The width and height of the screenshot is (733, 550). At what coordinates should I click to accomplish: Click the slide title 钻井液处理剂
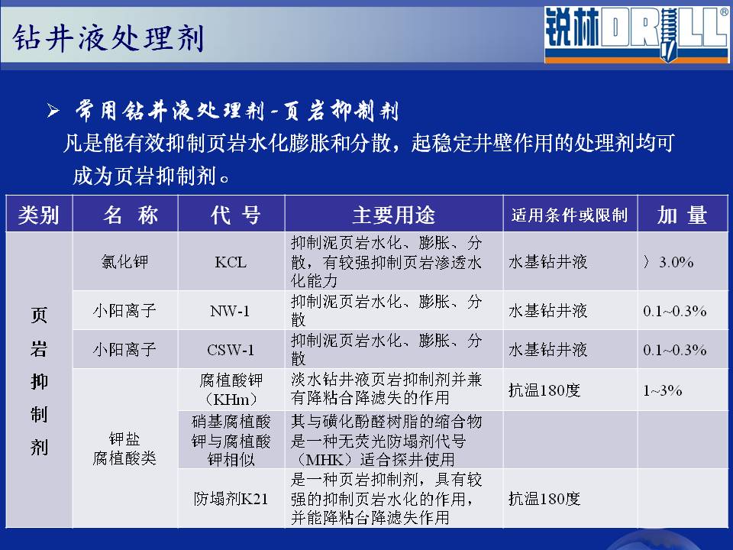pos(108,37)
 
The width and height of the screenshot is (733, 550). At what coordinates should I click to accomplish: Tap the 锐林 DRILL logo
pos(636,35)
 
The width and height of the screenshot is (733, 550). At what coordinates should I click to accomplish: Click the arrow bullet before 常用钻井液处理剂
pos(53,111)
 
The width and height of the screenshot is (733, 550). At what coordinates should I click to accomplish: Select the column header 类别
pos(39,215)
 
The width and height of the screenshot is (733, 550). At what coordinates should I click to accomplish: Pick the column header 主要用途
pos(394,215)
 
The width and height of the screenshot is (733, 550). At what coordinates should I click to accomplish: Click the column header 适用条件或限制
pos(570,215)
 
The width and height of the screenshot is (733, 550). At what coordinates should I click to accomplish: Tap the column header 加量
pos(682,215)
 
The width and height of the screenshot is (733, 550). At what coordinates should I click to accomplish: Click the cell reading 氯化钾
pos(124,261)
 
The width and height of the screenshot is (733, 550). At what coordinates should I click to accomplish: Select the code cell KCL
pos(231,262)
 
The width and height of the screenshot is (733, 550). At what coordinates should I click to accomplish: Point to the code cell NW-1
pos(230,311)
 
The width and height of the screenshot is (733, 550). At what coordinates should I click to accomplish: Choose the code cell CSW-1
pos(231,350)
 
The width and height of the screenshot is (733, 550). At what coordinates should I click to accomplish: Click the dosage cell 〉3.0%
pos(668,262)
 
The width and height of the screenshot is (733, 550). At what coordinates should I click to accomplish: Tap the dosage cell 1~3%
pos(663,390)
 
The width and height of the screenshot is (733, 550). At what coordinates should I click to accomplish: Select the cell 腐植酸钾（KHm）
pos(231,390)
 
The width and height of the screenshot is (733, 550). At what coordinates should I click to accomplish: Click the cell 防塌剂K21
pos(231,499)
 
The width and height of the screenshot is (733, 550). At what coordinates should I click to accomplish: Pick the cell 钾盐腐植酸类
pos(124,448)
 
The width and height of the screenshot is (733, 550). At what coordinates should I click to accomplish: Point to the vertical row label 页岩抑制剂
pos(39,380)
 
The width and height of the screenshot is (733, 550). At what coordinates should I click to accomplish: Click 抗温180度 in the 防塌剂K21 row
pos(544,499)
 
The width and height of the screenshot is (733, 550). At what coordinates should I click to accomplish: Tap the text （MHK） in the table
pos(324,460)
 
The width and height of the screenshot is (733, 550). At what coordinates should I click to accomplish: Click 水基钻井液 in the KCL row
pos(548,262)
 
